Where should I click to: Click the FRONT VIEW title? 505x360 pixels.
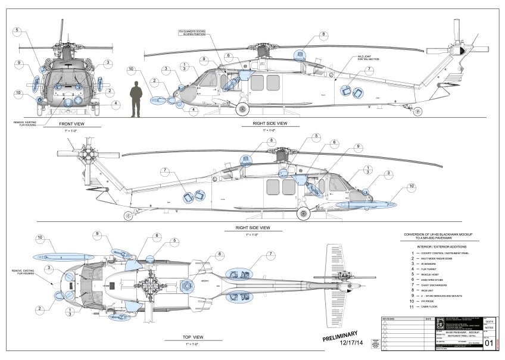[x=74, y=124]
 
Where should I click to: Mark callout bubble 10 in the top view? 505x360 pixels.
[x=40, y=239]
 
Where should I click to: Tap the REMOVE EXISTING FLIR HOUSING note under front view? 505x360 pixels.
[x=29, y=123]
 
